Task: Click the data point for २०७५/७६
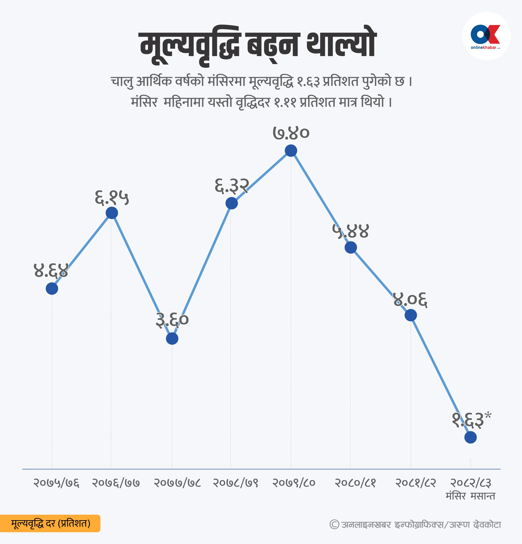(52, 289)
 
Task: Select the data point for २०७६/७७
(112, 213)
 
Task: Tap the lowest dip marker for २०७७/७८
(172, 339)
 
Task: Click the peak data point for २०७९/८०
(291, 151)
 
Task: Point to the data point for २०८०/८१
(351, 247)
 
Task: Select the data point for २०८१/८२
(411, 315)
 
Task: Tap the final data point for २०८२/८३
(470, 437)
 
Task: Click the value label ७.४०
(291, 133)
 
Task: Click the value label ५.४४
(351, 231)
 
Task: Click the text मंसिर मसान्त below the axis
(470, 496)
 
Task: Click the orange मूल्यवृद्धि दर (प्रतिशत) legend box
(50, 523)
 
